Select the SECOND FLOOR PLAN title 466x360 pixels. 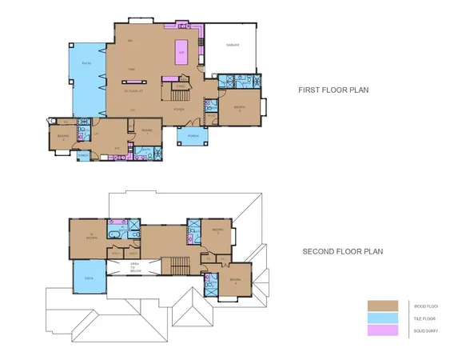click(342, 251)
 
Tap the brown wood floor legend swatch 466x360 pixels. click(382, 305)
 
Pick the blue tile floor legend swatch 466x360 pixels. click(382, 318)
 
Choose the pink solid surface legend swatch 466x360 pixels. click(382, 330)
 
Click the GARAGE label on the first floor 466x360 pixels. click(233, 45)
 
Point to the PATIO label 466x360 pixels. click(87, 62)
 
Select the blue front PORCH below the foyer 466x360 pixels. click(191, 135)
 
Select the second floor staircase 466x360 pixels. click(175, 266)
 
